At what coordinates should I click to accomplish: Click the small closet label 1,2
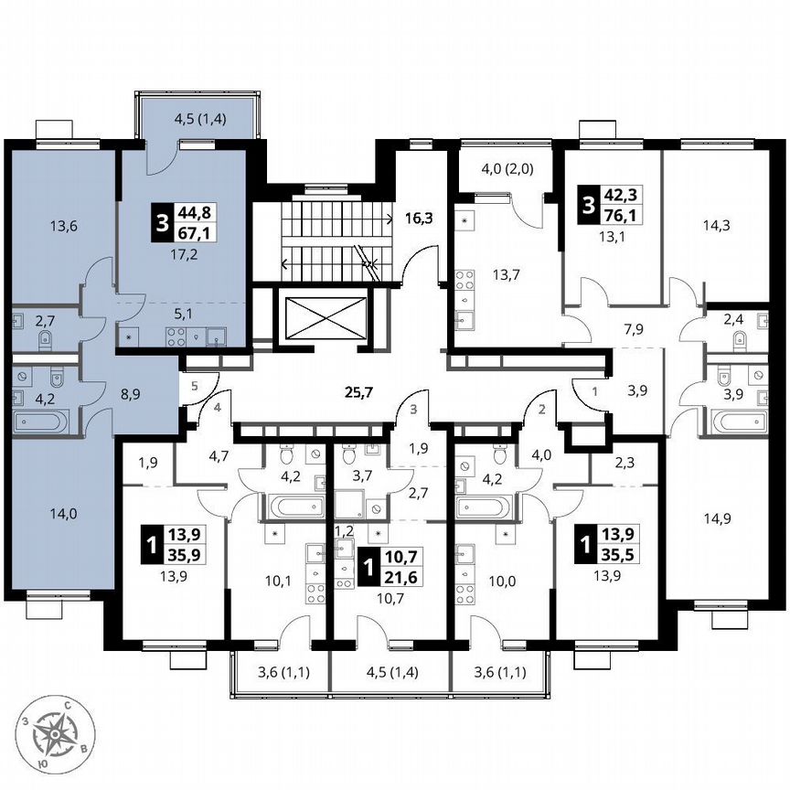pos(343,529)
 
